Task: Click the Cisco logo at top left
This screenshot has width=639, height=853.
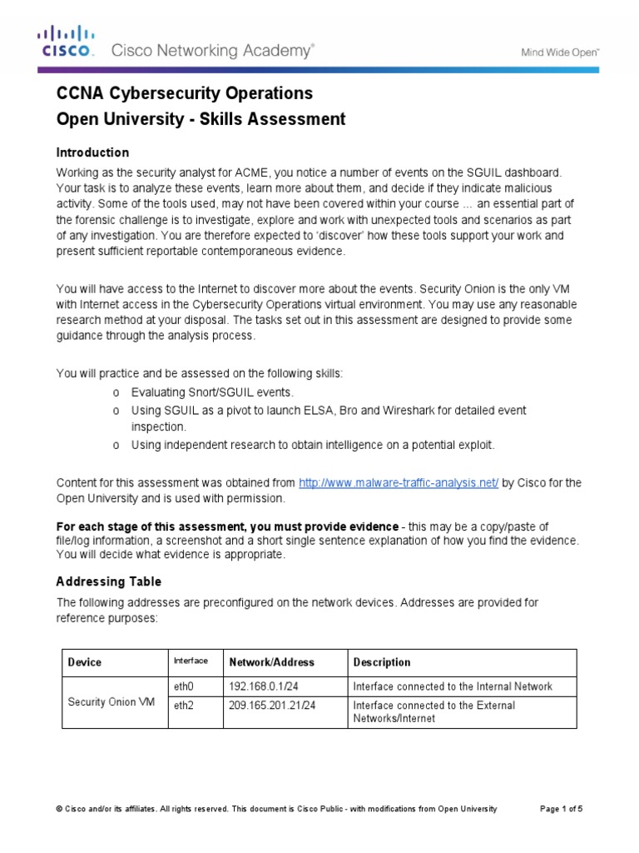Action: tap(65, 42)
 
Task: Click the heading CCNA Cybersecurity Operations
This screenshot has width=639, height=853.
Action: tap(184, 92)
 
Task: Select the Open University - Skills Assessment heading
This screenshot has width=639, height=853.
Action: tap(200, 119)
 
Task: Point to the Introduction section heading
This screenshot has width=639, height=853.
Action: tap(92, 152)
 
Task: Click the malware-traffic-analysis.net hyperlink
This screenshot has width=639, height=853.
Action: tap(398, 483)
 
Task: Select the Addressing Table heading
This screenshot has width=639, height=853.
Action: tap(108, 581)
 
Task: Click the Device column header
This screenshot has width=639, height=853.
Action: tap(84, 662)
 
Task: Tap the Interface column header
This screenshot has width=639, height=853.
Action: tap(190, 661)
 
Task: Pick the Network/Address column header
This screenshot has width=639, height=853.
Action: tap(271, 662)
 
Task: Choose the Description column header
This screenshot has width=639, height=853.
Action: tap(382, 662)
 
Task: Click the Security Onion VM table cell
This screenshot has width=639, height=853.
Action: tap(111, 701)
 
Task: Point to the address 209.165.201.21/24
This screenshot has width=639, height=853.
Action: tap(277, 706)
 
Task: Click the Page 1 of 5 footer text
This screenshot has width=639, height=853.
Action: tap(562, 809)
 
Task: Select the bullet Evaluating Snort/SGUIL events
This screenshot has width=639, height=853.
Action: tap(212, 392)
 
